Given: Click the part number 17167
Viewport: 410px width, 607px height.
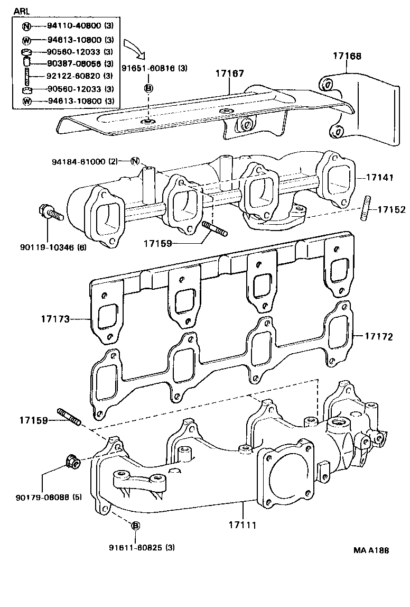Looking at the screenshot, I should tap(229, 73).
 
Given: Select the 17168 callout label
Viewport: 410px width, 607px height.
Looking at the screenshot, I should tap(347, 56).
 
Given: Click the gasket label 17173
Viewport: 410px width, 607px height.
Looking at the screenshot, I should tap(55, 319).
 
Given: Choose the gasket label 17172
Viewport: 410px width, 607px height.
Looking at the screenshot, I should tap(378, 336).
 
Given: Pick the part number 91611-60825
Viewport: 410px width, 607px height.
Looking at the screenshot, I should tap(136, 547).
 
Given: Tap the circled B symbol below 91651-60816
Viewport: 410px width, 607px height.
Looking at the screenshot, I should tap(149, 87).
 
